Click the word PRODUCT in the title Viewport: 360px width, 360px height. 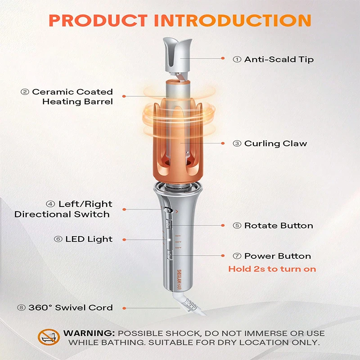[x=98, y=20]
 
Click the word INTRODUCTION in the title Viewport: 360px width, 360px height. [x=233, y=20]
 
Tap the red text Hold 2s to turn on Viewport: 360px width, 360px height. [x=272, y=269]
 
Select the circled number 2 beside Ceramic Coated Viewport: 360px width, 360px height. [x=25, y=92]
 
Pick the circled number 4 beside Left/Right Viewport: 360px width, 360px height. [x=50, y=204]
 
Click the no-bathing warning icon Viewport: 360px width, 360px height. [x=49, y=337]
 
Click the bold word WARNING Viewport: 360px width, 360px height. [x=89, y=333]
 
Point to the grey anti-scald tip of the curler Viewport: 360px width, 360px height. [x=177, y=56]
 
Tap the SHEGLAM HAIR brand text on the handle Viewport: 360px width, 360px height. [x=179, y=279]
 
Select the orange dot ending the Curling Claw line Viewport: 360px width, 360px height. [x=223, y=143]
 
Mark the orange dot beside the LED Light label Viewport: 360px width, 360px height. [x=124, y=240]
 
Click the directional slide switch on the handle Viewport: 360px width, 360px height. [x=169, y=210]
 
